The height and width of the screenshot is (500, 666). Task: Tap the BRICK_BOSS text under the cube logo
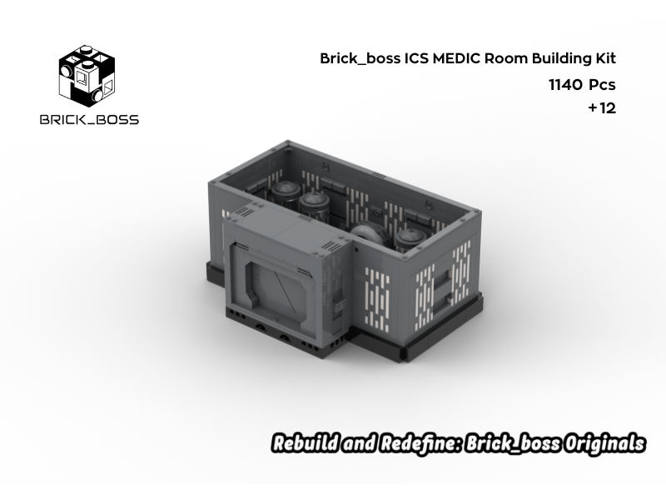[89, 119]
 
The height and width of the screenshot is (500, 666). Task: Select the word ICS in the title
[415, 59]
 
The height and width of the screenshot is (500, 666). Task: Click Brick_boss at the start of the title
[360, 59]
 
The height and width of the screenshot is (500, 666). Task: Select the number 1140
[564, 84]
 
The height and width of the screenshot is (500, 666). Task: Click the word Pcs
[602, 84]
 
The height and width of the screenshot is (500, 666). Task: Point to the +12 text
[601, 108]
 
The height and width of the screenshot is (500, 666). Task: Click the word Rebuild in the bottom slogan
[305, 443]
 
